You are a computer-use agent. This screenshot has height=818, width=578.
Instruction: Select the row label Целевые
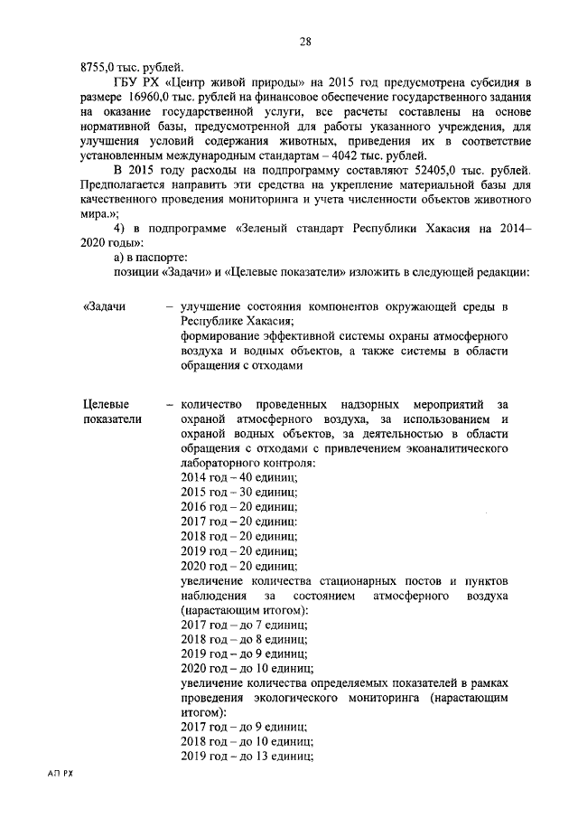[106, 404]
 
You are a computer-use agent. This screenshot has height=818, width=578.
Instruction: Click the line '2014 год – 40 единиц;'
[238, 476]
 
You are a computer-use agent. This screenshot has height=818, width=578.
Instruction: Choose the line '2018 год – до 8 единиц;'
[244, 640]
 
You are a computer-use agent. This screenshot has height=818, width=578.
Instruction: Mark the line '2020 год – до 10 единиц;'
[247, 669]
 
